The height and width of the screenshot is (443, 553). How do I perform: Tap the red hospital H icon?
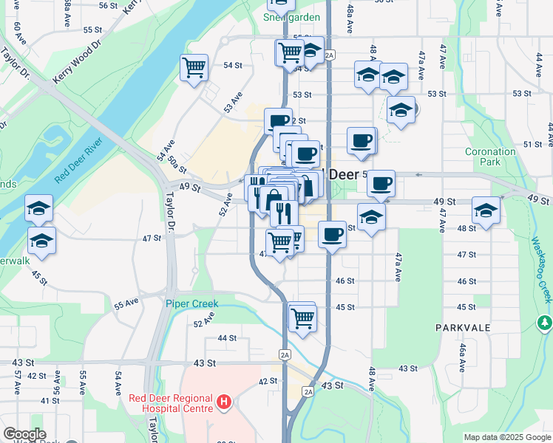225,403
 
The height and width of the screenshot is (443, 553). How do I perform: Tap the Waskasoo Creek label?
543,269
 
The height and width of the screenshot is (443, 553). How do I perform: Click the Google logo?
25,434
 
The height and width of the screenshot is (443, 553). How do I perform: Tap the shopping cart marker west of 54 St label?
194,68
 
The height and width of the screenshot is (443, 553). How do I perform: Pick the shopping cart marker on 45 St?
302,317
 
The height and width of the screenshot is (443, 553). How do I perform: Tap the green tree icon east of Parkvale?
545,323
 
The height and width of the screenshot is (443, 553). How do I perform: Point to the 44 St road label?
227,337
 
